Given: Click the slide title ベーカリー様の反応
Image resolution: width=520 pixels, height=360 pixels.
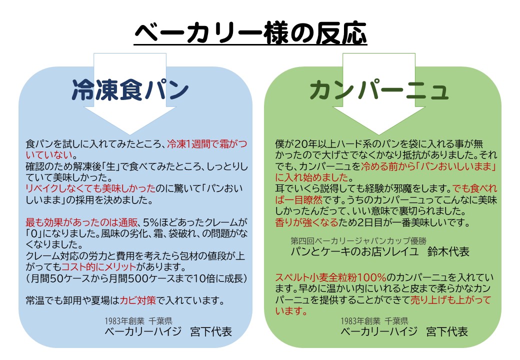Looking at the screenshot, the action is (x=250, y=33).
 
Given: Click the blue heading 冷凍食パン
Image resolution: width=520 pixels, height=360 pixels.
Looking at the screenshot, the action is (x=130, y=90).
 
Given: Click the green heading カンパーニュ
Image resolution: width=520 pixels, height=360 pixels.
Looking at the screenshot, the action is (x=379, y=90).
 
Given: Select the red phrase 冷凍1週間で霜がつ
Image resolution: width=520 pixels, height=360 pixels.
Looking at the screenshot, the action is (x=207, y=144).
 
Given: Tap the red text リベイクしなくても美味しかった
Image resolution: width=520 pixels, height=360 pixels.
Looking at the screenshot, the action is (x=90, y=188).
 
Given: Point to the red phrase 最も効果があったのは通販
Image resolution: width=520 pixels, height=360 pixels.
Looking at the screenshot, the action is (x=81, y=222).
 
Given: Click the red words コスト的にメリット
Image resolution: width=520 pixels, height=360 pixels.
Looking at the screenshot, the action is (x=99, y=267).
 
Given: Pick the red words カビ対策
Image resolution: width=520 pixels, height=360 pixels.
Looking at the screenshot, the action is (x=137, y=300).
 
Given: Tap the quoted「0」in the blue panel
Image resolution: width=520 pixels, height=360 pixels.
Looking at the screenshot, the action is (x=33, y=233).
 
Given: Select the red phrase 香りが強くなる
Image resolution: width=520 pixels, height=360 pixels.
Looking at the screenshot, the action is (x=307, y=222).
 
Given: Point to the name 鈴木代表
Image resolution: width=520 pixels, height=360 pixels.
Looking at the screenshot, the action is (x=448, y=251).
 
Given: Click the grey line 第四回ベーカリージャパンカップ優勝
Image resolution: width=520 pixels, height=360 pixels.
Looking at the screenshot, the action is (x=358, y=240).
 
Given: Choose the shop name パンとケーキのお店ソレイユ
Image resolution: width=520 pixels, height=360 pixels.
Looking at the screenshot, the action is (x=355, y=251).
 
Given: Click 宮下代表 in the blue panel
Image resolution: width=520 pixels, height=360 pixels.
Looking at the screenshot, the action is (x=211, y=331).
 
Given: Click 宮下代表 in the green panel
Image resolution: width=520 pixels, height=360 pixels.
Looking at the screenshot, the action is (x=447, y=331).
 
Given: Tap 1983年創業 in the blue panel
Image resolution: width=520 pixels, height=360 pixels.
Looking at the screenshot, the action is (x=124, y=321).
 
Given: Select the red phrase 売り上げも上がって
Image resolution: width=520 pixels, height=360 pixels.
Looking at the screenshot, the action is (x=450, y=299).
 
